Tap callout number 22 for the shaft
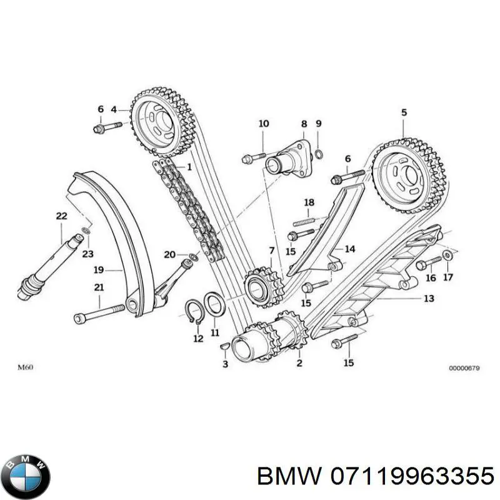click(61, 216)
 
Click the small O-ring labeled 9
click(319, 154)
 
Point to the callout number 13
click(428, 299)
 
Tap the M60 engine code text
click(25, 367)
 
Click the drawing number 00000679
click(464, 368)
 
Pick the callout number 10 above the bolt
click(263, 124)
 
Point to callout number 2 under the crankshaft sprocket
click(299, 362)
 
